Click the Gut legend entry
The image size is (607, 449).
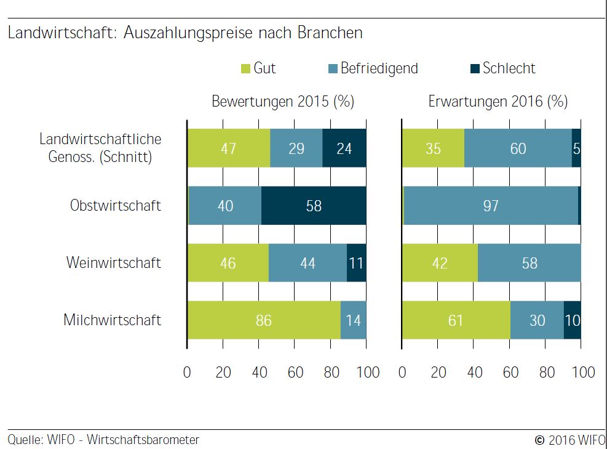tap(259, 68)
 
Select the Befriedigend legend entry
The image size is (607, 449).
tap(373, 68)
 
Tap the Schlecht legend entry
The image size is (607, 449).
tap(502, 68)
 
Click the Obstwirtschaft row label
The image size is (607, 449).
tap(116, 205)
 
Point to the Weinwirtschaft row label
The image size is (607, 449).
tap(114, 262)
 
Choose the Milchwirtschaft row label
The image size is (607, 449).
tap(113, 320)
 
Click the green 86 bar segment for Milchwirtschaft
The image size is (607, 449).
tap(264, 320)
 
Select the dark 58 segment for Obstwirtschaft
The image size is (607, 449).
tap(314, 205)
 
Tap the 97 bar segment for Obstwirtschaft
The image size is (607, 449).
tap(491, 205)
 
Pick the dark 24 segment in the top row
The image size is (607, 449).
tap(344, 148)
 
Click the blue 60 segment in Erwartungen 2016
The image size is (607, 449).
tap(518, 148)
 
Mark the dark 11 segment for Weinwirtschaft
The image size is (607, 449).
tap(357, 263)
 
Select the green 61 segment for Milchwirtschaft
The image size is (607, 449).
tap(456, 320)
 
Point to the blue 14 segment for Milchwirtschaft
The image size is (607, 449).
tap(354, 320)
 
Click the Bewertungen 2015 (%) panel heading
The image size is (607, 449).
tap(283, 102)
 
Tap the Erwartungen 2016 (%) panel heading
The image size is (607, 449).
tap(498, 102)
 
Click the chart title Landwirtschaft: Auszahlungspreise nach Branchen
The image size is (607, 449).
tap(185, 33)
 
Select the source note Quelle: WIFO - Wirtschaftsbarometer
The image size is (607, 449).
tap(103, 440)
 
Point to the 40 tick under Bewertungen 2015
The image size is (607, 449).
tap(259, 373)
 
